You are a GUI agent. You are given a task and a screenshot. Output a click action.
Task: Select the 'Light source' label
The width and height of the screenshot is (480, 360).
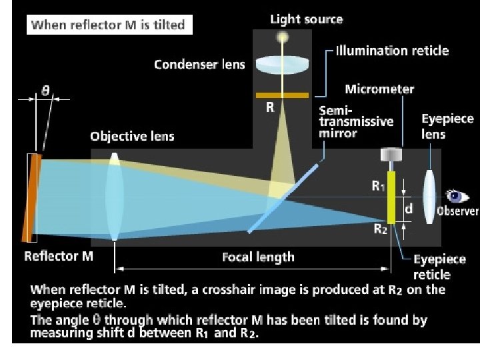tap(306, 19)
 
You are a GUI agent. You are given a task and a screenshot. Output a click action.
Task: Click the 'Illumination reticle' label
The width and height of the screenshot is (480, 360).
tap(392, 51)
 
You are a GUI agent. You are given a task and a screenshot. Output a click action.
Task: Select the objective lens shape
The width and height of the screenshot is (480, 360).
tap(115, 197)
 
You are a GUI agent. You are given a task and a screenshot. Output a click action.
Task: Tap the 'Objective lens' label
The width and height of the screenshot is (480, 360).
tap(132, 137)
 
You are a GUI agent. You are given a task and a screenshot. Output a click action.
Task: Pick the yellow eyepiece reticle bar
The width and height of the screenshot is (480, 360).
tap(391, 197)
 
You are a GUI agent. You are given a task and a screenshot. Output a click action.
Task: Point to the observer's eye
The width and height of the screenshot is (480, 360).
tap(456, 196)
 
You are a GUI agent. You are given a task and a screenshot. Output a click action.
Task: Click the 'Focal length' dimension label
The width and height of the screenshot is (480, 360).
tap(258, 257)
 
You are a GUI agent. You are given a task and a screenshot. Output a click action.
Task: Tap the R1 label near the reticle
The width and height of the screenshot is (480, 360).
tap(378, 187)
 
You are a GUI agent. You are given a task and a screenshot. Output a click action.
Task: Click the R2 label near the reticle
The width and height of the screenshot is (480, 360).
tap(380, 230)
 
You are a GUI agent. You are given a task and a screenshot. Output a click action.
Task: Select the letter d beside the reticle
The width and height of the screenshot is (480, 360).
tap(409, 209)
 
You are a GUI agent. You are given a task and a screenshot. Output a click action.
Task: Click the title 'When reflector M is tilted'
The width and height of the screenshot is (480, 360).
tap(109, 26)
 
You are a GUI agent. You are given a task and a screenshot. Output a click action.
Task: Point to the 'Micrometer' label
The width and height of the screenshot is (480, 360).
tap(379, 89)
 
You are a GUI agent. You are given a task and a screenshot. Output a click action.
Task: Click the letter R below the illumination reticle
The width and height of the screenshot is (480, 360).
tap(270, 107)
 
